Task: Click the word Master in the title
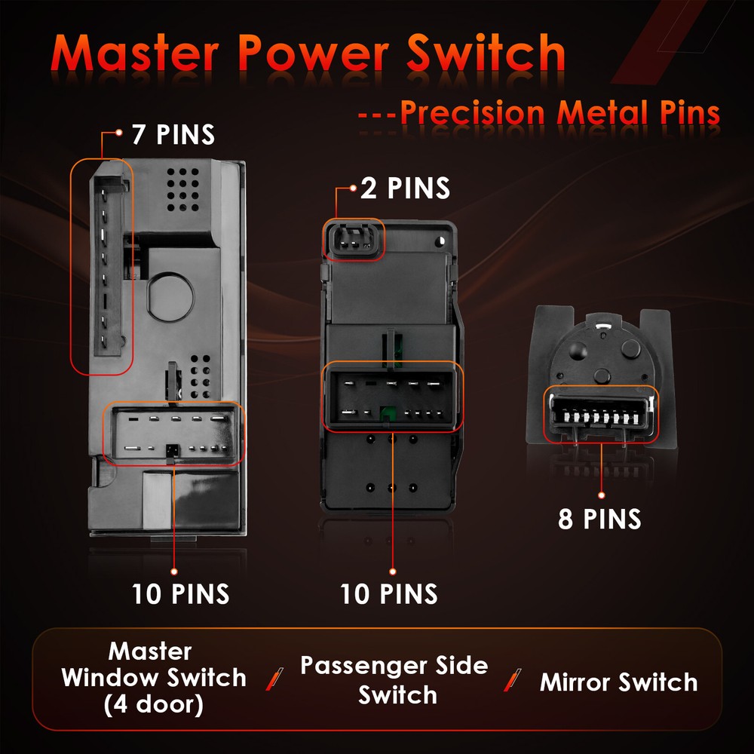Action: [x=144, y=54]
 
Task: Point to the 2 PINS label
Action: [x=405, y=188]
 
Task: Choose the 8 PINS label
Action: [x=600, y=519]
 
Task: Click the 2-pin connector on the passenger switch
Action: [x=354, y=241]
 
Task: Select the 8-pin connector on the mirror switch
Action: [x=601, y=414]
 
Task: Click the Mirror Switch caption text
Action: [x=618, y=682]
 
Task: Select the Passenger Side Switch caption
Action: [x=394, y=680]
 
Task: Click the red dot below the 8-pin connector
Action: [x=601, y=495]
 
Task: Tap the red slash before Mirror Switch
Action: [x=516, y=680]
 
